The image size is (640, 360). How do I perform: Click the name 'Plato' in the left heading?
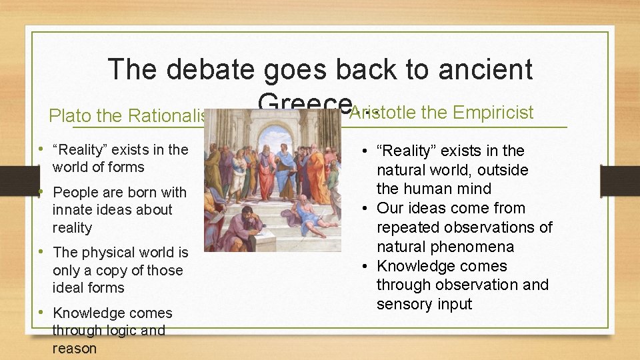pos(70,116)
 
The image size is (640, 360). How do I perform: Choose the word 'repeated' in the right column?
pos(409,227)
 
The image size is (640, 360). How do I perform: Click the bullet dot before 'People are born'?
pos(42,192)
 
